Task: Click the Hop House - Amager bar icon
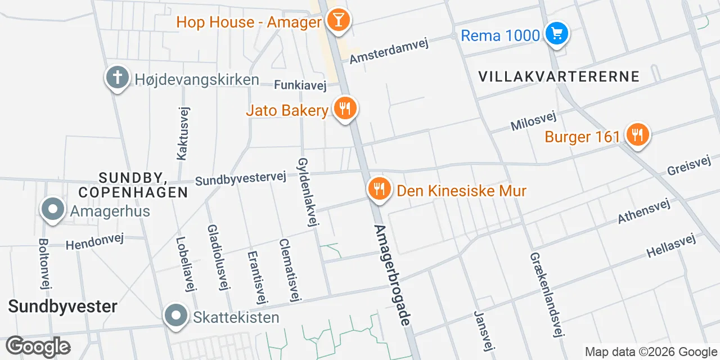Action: click(338, 21)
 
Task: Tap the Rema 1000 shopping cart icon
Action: click(557, 34)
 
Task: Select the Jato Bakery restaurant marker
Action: click(345, 109)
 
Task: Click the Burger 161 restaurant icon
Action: click(637, 136)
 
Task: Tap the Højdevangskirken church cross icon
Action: click(118, 78)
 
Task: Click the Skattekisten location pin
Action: click(176, 316)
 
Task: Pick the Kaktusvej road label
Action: click(182, 133)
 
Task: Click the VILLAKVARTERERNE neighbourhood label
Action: click(559, 76)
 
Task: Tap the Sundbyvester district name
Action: click(62, 307)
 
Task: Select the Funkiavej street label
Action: click(300, 85)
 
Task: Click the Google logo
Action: click(38, 346)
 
